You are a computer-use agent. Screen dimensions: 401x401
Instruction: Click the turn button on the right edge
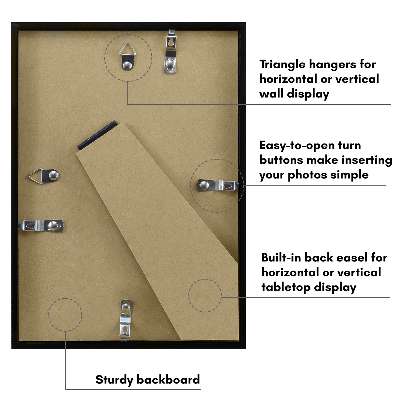218,185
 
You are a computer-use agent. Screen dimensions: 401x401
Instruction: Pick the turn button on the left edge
41,226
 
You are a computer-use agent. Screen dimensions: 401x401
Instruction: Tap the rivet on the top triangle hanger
127,66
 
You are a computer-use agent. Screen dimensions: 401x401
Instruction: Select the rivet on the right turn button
204,185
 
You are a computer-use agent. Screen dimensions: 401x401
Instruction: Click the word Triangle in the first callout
282,65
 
